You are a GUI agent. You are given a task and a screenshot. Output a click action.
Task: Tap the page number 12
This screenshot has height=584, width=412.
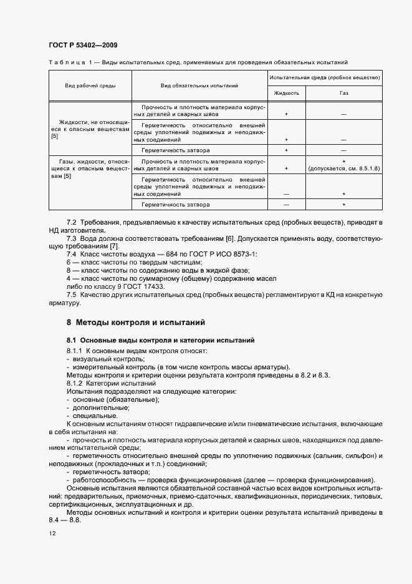coord(52,534)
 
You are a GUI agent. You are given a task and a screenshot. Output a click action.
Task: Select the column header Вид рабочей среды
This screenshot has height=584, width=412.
coord(90,85)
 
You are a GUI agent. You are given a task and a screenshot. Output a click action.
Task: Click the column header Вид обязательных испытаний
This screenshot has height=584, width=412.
coord(199,85)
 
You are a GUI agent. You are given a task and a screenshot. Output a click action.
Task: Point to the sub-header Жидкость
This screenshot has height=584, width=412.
coord(287,93)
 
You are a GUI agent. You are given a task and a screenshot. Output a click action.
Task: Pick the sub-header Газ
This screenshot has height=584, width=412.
coord(343,93)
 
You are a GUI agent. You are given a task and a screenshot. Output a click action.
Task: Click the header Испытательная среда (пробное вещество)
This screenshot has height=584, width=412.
coord(325,77)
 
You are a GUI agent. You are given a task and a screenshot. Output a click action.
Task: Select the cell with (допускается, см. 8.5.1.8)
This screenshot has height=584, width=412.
coord(343,169)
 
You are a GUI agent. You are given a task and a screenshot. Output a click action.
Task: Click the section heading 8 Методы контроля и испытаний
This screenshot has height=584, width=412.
coord(137,323)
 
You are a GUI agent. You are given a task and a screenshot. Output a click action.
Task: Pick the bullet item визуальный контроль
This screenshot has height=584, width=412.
coord(100,359)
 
